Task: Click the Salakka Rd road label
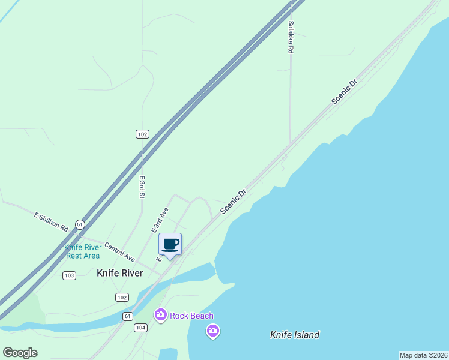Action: pos(290,38)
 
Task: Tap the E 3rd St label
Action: pos(142,187)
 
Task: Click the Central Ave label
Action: pos(119,251)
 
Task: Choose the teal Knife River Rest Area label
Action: pos(82,251)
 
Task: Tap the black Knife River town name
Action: pos(120,273)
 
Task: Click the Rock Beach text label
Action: pos(191,316)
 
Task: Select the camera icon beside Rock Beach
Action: pos(160,314)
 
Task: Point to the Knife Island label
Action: pos(295,335)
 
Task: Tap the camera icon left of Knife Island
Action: pos(212,331)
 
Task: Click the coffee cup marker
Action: pos(170,244)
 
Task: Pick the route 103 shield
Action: pos(69,275)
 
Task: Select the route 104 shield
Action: pos(141,327)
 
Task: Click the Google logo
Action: pos(20,353)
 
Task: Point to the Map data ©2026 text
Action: pos(423,355)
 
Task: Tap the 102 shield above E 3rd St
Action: pos(142,134)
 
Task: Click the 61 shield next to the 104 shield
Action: pos(128,316)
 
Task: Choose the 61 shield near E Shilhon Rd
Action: pos(80,224)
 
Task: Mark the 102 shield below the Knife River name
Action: pos(122,298)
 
